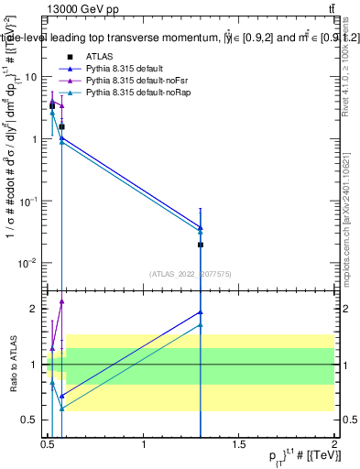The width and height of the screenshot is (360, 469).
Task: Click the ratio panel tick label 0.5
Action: coord(31,420)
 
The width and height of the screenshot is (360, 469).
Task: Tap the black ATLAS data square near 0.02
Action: coord(201,245)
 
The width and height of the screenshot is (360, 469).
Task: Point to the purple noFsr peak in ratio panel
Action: coord(61,300)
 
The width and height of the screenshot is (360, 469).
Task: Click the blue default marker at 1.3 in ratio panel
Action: coord(201,312)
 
